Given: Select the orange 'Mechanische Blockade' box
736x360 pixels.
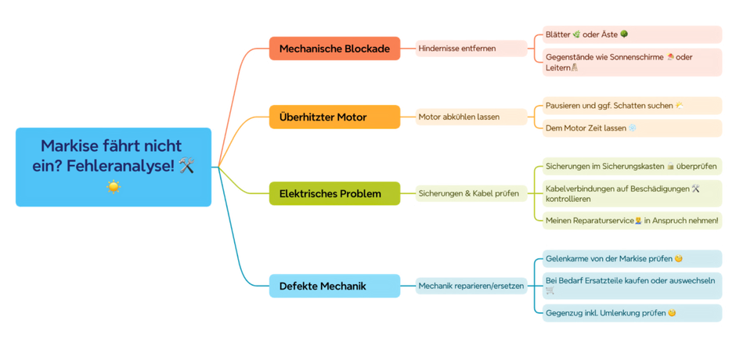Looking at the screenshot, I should [334, 49].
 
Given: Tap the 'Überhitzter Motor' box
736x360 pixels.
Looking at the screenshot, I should [334, 117].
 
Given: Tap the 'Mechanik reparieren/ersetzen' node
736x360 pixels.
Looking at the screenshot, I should [471, 286].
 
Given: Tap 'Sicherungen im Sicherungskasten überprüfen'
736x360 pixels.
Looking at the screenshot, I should [631, 166].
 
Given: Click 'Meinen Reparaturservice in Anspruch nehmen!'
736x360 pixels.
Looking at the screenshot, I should [631, 221].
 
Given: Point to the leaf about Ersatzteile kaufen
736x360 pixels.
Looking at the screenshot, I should [631, 286].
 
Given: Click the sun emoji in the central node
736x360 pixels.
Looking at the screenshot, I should [114, 186].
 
